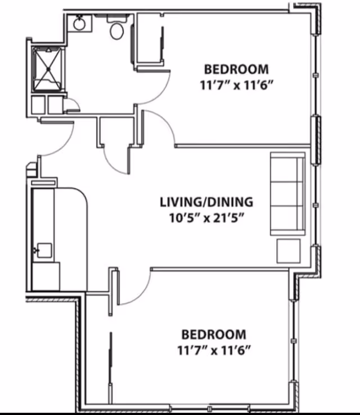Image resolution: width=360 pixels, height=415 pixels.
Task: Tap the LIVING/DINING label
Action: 206,202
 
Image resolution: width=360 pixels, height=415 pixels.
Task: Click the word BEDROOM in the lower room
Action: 213,334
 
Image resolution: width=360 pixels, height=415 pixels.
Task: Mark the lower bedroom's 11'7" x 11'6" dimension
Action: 213,350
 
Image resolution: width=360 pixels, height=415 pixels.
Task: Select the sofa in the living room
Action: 288,193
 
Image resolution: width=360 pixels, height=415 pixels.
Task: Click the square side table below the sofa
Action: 289,251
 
